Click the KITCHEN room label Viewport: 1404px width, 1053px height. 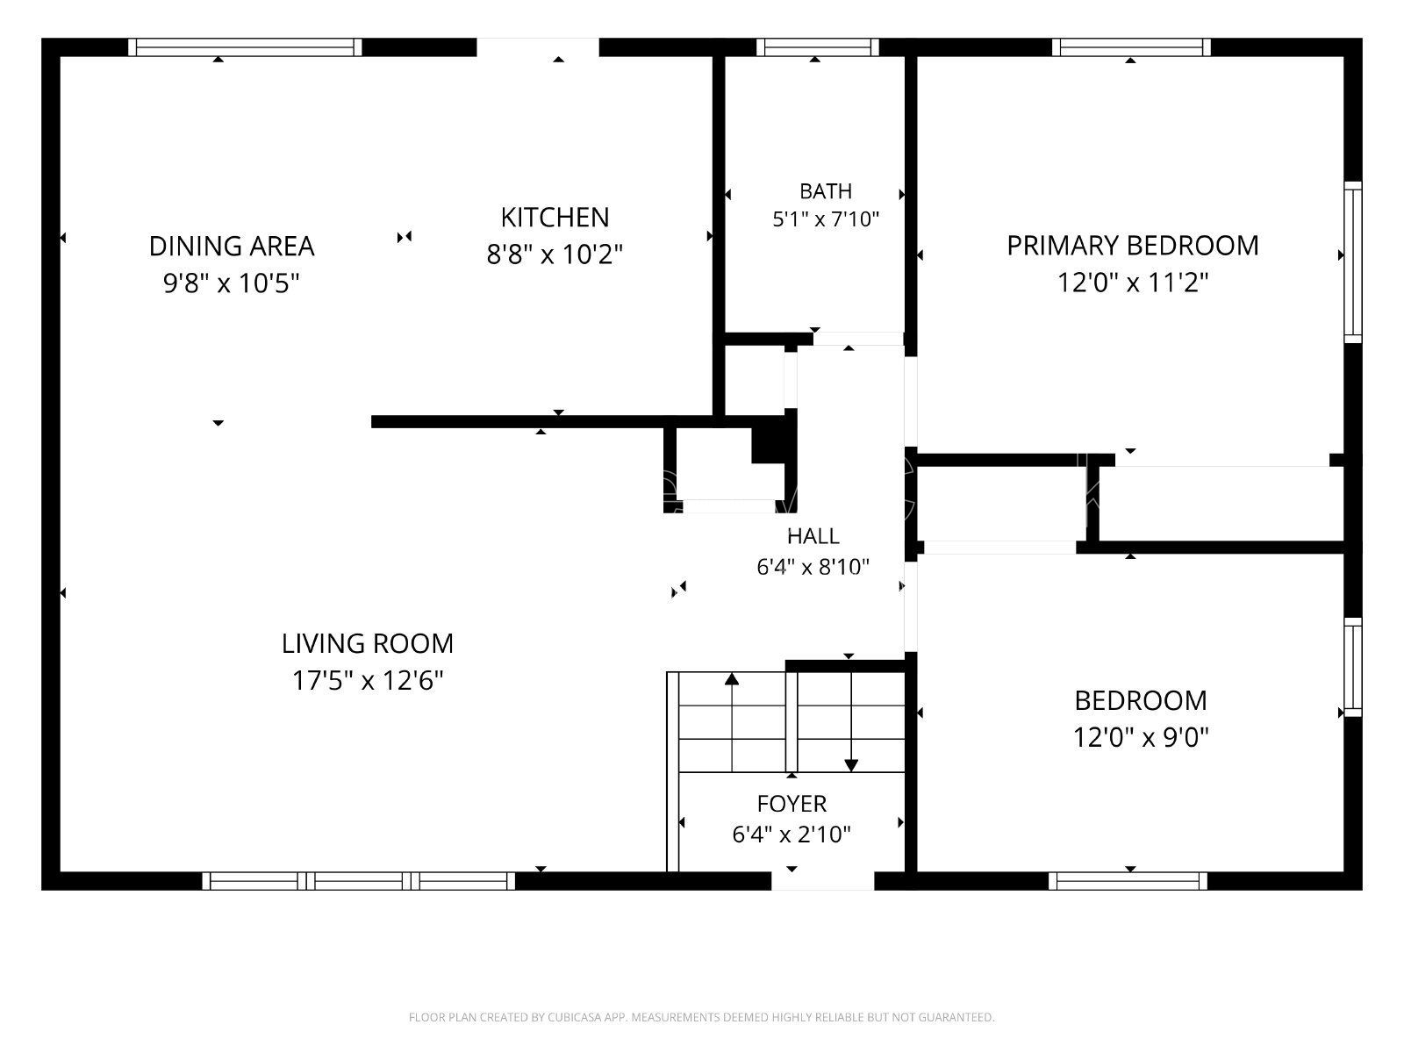pos(555,218)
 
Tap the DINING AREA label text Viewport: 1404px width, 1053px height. pos(232,247)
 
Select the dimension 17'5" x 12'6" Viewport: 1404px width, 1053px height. pos(368,680)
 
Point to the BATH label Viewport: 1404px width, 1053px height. pos(826,191)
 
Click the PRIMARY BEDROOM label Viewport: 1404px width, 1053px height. pos(1133,246)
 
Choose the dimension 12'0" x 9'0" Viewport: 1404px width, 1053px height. pos(1141,738)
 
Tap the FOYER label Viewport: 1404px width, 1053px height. pos(792,804)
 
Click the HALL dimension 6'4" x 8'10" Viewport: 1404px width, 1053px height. pos(813,567)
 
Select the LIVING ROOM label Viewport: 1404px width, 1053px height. pos(368,644)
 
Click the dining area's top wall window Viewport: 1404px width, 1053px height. pos(245,47)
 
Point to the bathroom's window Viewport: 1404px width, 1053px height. pos(818,47)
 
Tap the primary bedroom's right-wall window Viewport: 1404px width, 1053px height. pos(1353,262)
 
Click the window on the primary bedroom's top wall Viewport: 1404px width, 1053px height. pos(1131,47)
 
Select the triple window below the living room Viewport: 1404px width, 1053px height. pos(359,881)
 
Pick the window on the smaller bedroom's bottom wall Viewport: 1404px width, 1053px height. pos(1128,881)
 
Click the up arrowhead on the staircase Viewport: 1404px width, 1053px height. pos(732,679)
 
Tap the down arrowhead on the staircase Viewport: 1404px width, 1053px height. pos(850,765)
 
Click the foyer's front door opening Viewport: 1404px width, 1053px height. pos(822,881)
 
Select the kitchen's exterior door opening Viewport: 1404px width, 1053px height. pos(538,47)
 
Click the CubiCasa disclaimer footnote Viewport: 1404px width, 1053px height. pos(702,1017)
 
